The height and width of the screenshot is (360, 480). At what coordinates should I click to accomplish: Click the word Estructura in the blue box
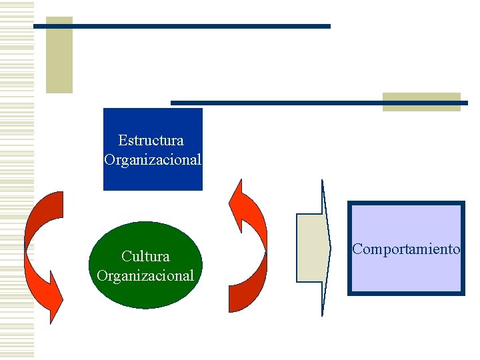(x=151, y=141)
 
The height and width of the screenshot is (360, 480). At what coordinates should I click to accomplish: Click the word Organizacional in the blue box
(x=153, y=160)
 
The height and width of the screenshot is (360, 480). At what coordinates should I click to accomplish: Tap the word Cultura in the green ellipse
(x=145, y=256)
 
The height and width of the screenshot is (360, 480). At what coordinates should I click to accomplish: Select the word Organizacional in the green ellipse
(x=145, y=275)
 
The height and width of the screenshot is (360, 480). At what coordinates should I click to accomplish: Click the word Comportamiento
(x=406, y=249)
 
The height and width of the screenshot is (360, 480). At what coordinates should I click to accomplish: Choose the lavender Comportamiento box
(x=406, y=273)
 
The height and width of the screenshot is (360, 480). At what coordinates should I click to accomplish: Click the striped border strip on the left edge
(x=17, y=180)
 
